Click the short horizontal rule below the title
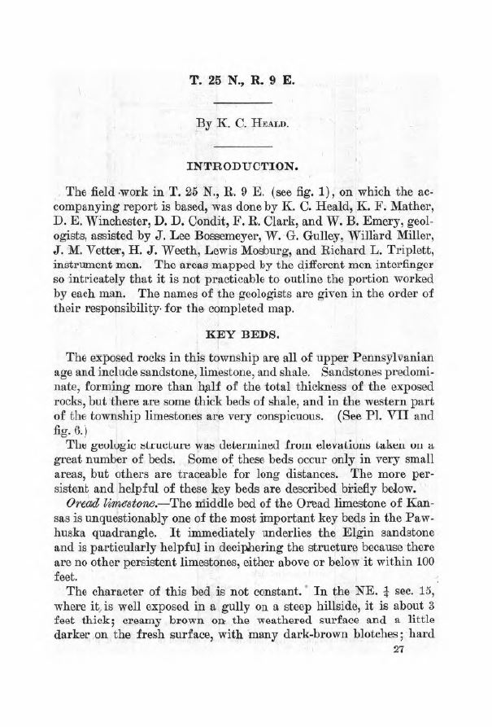(246, 103)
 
